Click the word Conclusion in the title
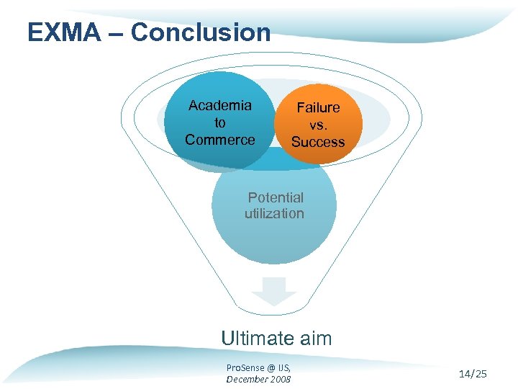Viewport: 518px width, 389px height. pos(201,32)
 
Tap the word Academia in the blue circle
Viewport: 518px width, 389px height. pos(220,106)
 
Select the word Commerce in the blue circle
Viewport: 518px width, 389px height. pos(220,140)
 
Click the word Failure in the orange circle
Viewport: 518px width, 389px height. pos(318,108)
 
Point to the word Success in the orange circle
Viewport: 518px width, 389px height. pos(318,142)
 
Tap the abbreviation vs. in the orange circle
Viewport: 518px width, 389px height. pos(318,125)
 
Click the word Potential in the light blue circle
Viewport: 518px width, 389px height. pos(276,197)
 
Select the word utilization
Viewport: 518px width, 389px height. pos(274,213)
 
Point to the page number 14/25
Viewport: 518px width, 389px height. pos(472,373)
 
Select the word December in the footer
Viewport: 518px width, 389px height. pos(246,379)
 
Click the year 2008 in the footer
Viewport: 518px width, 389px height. pos(280,379)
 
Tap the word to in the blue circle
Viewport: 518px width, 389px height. pos(220,123)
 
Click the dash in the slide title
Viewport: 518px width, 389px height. pos(119,33)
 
